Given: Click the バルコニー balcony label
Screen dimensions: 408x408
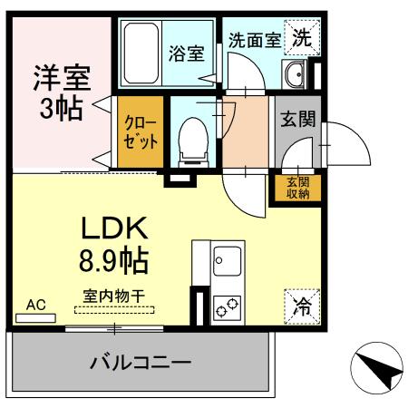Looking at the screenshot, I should tap(140, 364).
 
